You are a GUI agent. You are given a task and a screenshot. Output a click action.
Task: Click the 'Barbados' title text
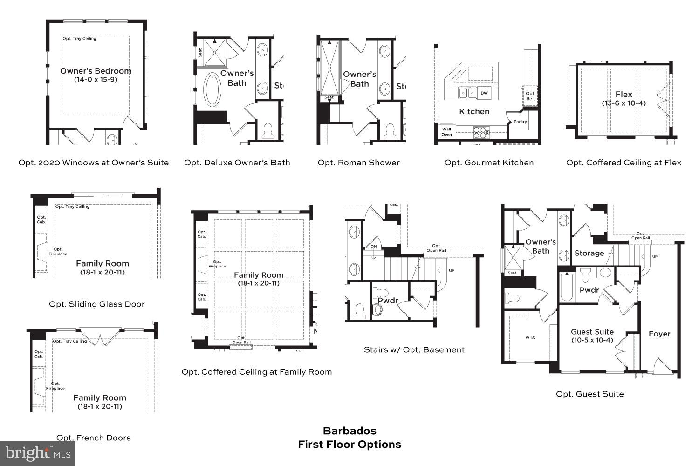pos(349,431)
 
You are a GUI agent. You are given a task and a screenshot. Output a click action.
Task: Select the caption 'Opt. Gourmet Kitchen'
pos(489,163)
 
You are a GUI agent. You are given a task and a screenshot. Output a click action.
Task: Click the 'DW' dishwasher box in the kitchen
pos(484,93)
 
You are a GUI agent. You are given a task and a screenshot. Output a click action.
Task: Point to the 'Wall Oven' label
pos(446,132)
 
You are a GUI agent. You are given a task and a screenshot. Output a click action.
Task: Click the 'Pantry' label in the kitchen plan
pos(520,122)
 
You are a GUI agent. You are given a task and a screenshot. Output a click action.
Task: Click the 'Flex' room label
pos(624,95)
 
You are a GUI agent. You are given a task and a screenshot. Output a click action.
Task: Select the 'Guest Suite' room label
pos(592,332)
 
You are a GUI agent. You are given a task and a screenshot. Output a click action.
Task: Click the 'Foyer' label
pos(659,334)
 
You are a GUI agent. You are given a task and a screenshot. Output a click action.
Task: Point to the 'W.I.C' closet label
pos(530,337)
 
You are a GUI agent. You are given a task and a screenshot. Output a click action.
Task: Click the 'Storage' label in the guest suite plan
pos(589,253)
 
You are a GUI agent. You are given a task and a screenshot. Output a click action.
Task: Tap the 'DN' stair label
pos(373,247)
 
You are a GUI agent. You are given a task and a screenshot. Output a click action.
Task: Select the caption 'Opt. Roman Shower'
pos(358,163)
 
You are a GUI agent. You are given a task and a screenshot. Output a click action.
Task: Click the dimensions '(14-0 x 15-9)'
pos(96,80)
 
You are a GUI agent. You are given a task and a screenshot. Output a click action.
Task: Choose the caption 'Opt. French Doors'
pos(93,438)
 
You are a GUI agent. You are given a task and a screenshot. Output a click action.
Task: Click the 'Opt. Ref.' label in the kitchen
pos(530,96)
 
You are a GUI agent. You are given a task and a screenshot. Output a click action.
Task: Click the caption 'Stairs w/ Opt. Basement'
pos(414,349)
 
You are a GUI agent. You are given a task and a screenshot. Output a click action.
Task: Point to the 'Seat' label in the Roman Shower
pos(329,97)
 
